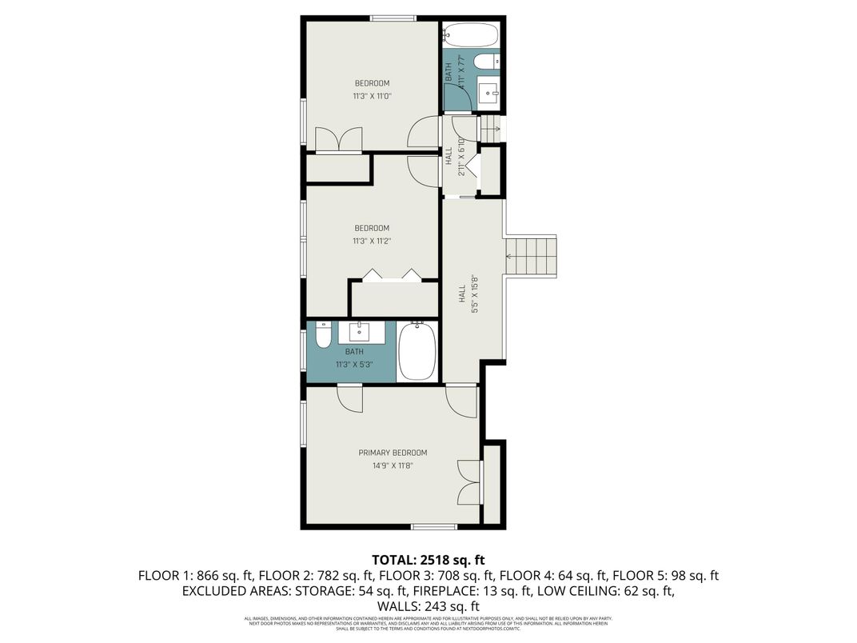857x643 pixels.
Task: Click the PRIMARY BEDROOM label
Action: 393,452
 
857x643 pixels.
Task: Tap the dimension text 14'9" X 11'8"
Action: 392,465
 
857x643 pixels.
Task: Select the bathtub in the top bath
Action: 471,36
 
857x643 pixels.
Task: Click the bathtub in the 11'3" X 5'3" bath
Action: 417,351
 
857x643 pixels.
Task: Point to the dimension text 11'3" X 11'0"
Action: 372,96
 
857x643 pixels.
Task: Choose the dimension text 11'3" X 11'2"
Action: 372,241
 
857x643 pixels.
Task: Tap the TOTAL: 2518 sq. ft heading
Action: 428,559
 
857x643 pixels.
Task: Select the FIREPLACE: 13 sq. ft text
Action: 448,591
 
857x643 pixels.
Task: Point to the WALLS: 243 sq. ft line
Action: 428,606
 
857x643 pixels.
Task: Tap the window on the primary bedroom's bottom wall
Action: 433,526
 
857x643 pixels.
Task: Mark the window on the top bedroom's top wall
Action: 393,18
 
